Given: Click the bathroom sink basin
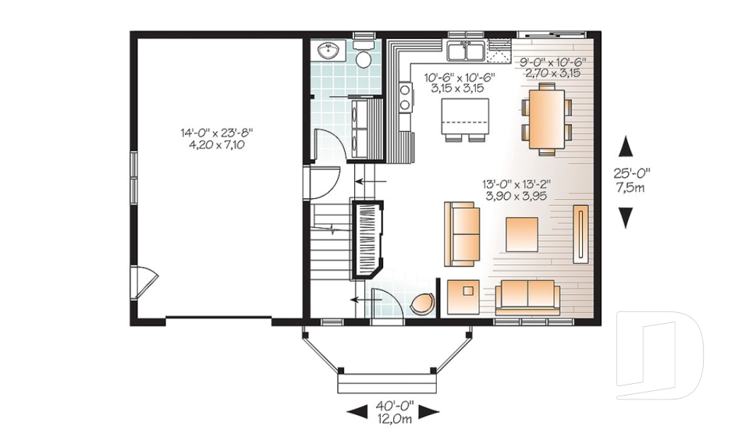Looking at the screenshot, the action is point(328,50).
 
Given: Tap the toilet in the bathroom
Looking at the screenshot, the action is point(364,54).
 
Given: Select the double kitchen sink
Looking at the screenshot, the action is point(466,52).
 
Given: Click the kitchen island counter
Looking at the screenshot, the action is point(465,116).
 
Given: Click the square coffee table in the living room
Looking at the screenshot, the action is point(522,234).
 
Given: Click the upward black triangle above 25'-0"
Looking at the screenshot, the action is point(625,146).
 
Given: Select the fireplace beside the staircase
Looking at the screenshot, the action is point(367,240).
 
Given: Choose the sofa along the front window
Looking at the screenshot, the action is point(527,297).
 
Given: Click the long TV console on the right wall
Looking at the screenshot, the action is point(580,234).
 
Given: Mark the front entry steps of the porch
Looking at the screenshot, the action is point(387,384).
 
